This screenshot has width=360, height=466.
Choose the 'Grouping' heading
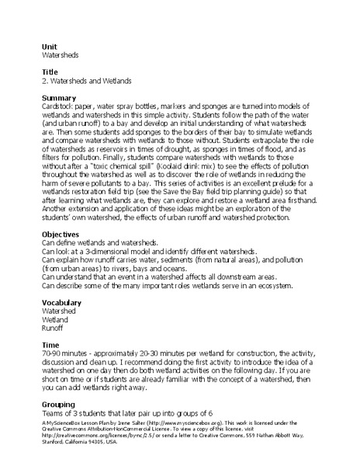tap(57, 404)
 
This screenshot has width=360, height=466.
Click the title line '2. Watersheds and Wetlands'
tap(86, 80)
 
